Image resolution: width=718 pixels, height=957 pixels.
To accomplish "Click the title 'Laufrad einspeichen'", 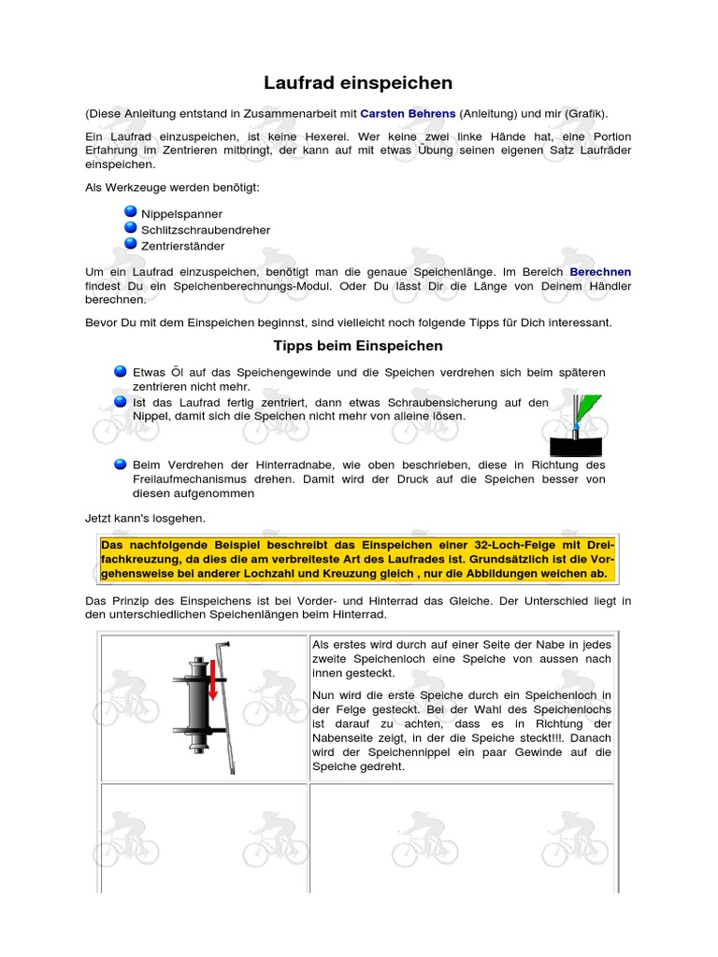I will [x=358, y=83].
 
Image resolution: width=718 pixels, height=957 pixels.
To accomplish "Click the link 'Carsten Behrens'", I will [x=408, y=113].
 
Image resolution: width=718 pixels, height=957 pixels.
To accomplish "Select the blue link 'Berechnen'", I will [x=600, y=271].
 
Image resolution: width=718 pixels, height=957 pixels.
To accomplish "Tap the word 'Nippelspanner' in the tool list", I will [x=181, y=214].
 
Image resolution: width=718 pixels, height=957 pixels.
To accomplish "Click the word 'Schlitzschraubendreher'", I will [x=206, y=230].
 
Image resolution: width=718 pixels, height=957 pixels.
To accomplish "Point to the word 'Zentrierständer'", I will [x=182, y=246].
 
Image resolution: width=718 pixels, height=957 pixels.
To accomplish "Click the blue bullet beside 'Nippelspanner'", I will [x=131, y=212].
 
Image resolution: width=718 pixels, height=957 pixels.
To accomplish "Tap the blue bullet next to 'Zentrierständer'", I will [x=131, y=244].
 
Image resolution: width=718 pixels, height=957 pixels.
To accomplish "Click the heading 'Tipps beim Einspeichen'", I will [x=358, y=346].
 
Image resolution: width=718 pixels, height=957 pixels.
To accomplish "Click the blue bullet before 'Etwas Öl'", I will [x=121, y=371].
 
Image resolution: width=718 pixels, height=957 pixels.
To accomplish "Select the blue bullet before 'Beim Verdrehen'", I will [x=121, y=464].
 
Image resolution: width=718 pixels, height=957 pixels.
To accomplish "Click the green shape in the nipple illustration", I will [x=589, y=408].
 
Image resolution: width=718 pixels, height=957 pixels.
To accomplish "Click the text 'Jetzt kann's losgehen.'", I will [x=145, y=517].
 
